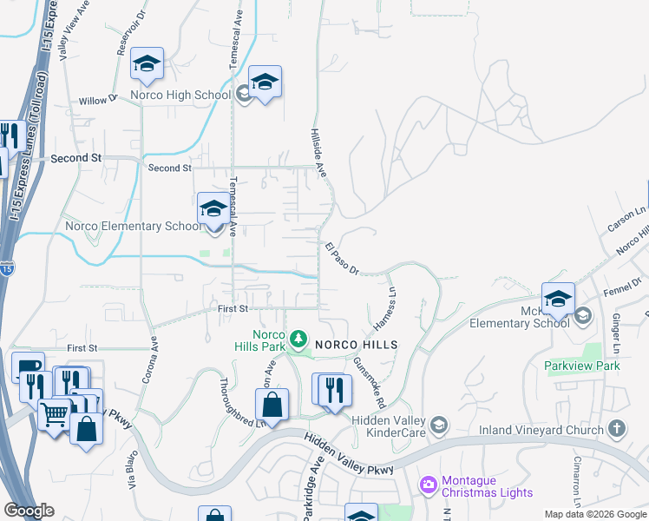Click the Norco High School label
180,95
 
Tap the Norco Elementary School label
133,227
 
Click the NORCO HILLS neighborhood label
356,345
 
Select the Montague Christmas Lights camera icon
427,483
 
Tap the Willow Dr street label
98,101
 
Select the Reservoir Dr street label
123,35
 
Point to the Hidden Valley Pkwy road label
348,455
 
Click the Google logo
29,511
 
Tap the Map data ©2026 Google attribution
594,514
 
